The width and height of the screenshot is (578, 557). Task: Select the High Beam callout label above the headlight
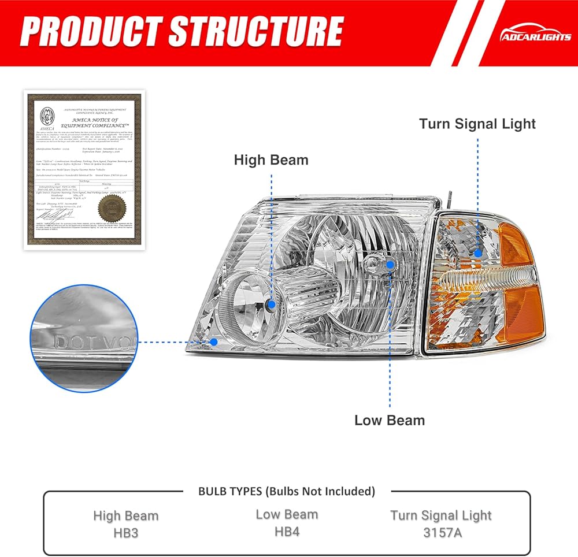(271, 160)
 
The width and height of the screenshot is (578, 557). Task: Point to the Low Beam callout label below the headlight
(390, 420)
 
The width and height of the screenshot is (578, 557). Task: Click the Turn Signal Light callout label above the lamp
(477, 124)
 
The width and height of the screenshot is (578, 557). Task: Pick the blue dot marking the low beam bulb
(390, 265)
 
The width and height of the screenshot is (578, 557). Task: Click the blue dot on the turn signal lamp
(477, 252)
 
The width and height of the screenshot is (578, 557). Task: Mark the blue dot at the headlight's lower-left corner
(214, 341)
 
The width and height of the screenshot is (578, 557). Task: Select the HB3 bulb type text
(125, 532)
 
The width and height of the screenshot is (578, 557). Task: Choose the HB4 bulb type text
(287, 530)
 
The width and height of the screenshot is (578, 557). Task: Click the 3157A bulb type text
(441, 532)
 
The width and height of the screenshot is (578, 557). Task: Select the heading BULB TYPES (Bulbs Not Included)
(287, 491)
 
